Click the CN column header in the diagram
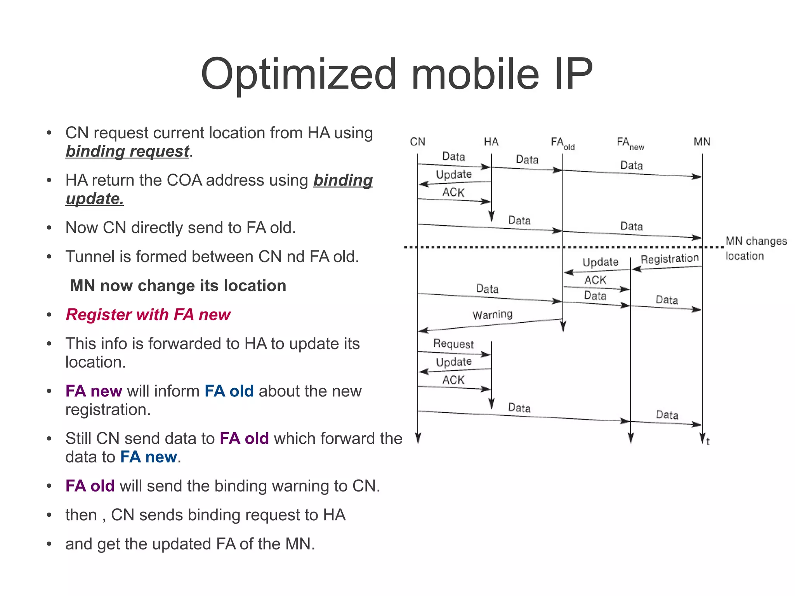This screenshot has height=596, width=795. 417,142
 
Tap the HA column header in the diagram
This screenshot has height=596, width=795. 491,142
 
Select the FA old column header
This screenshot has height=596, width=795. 562,143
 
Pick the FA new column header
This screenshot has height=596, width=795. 630,143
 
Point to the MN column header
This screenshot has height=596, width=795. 702,142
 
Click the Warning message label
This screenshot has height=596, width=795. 492,314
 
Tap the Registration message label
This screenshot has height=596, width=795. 669,259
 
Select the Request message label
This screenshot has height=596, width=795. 453,344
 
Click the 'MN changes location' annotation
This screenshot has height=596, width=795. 755,248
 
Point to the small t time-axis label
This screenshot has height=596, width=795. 708,441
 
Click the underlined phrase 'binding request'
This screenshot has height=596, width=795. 127,151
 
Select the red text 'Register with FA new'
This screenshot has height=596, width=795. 148,315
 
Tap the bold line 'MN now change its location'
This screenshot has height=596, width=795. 178,285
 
